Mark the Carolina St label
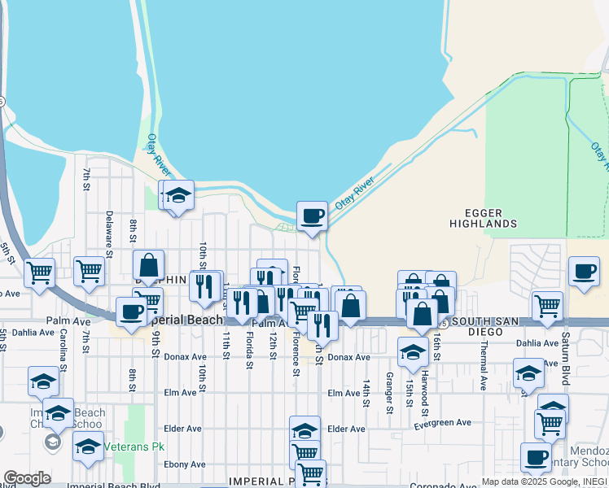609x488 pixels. [63, 346]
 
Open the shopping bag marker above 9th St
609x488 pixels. [148, 264]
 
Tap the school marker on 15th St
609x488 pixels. [413, 351]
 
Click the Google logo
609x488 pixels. [27, 478]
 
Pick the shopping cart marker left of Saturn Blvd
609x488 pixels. [547, 307]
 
